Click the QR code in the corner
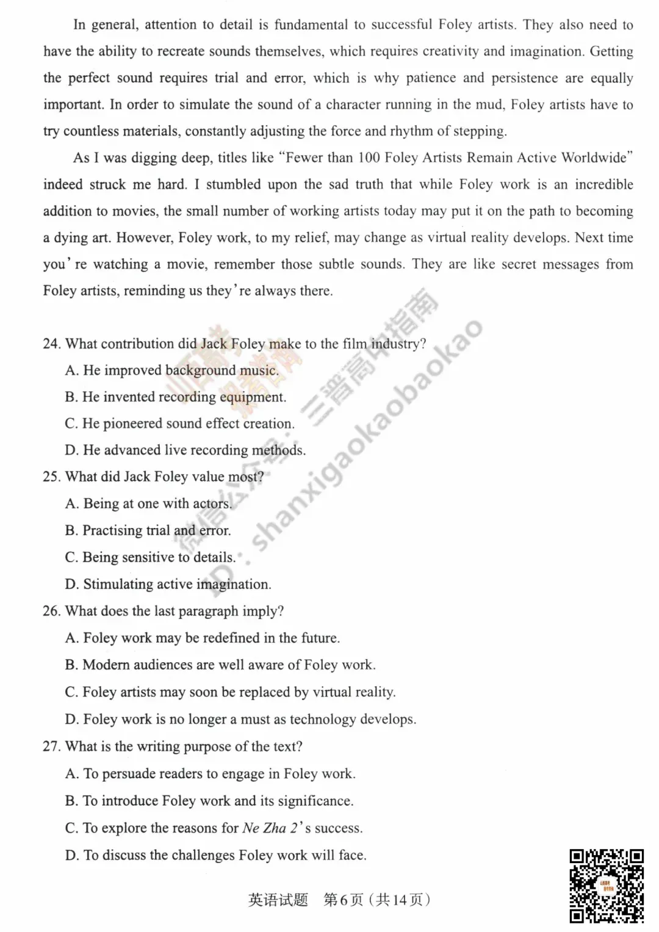click(x=607, y=885)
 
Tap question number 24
click(x=51, y=344)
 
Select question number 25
click(x=51, y=477)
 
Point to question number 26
click(x=51, y=611)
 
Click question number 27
click(x=51, y=746)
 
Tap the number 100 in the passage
click(x=369, y=157)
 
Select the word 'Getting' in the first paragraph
click(x=611, y=51)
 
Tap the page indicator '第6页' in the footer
click(x=343, y=900)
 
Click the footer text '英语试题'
click(x=278, y=900)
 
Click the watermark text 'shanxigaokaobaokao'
click(x=366, y=433)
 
